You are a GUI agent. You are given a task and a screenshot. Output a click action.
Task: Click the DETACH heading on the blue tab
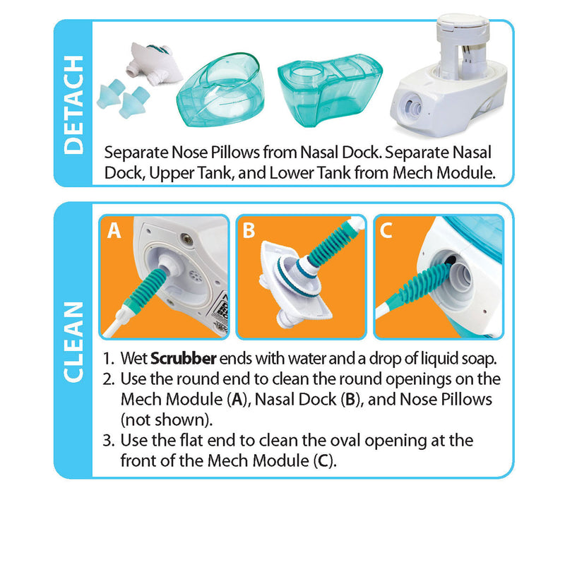pyautogui.click(x=73, y=104)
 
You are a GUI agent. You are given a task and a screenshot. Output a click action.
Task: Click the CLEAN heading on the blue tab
pyautogui.click(x=73, y=341)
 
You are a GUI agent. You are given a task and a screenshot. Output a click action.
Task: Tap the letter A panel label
pyautogui.click(x=114, y=231)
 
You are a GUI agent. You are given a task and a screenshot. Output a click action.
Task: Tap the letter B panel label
pyautogui.click(x=248, y=231)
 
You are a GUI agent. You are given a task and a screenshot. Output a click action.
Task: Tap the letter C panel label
pyautogui.click(x=386, y=231)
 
